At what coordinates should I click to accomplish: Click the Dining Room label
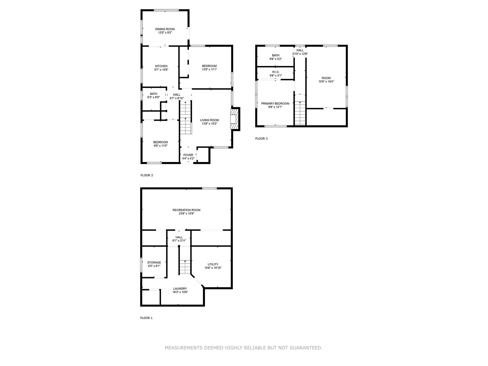click(165, 29)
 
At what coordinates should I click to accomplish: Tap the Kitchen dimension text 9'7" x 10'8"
click(161, 70)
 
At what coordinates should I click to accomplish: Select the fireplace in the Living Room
click(234, 119)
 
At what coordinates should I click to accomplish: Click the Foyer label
click(188, 155)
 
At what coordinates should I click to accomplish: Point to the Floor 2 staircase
click(185, 117)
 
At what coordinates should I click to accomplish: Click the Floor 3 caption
click(261, 139)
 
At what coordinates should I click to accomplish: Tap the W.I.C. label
click(276, 72)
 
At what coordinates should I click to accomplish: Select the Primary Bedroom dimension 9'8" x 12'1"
click(275, 107)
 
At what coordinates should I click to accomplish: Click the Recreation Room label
click(186, 210)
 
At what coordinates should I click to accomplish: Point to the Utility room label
click(213, 264)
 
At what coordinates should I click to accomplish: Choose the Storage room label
click(154, 262)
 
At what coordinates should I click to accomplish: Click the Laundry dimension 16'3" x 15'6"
click(180, 292)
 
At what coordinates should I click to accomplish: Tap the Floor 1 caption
click(146, 318)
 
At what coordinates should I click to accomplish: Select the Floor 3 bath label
click(276, 55)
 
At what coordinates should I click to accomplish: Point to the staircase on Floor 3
click(300, 113)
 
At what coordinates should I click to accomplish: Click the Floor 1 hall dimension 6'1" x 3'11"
click(179, 241)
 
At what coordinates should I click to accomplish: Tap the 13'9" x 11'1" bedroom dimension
click(209, 69)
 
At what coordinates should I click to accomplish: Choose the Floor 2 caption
click(147, 175)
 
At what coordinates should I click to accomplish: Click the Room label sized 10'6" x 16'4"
click(326, 78)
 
